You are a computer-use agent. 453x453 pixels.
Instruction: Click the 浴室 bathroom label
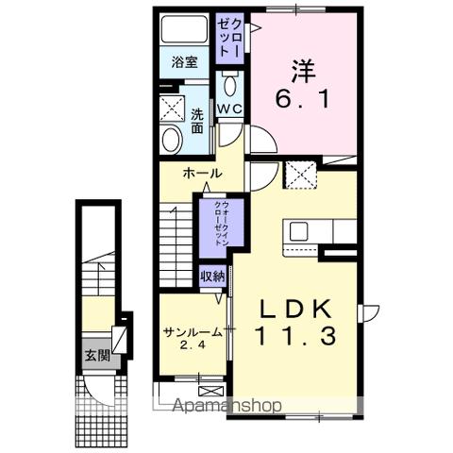coord(184,62)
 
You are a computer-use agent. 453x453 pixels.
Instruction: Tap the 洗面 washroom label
coord(197,121)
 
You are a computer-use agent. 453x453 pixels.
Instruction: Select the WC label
coord(231,109)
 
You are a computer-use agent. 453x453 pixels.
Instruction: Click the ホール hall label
coord(202,174)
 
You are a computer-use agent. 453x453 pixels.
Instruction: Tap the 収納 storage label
coord(212,276)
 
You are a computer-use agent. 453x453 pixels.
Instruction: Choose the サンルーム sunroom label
coord(192,332)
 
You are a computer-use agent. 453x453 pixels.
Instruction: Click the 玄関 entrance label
coord(97,355)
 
